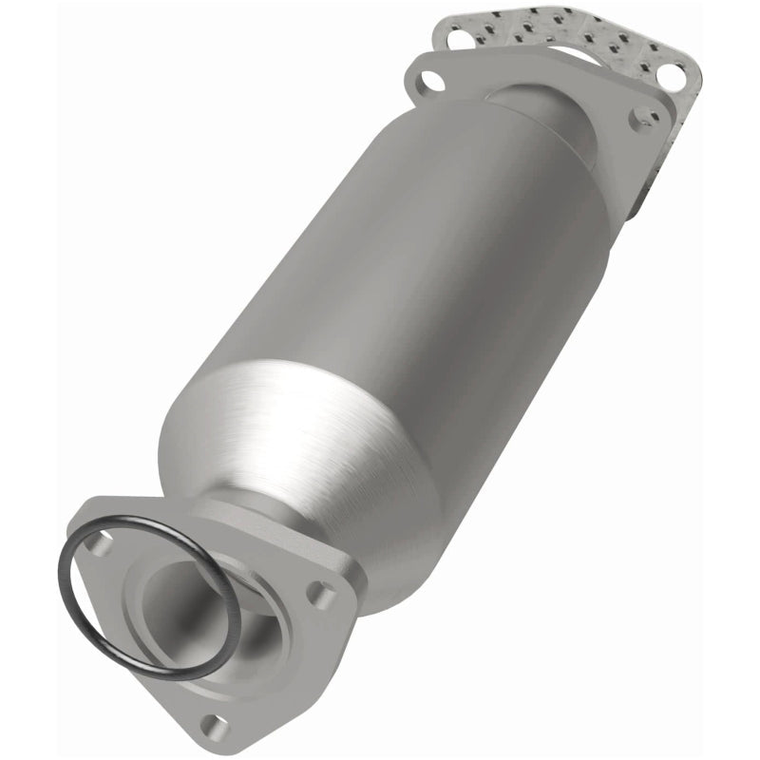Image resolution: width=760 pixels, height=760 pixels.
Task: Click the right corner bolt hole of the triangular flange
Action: [x=321, y=597]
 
